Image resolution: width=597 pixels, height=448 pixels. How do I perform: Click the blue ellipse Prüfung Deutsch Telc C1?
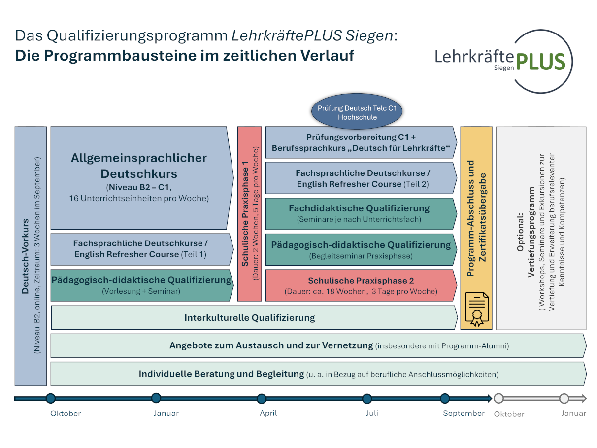[357, 112]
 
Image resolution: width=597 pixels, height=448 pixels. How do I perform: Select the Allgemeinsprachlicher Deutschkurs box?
[139, 177]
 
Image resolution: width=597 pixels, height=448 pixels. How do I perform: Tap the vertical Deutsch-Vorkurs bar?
[31, 256]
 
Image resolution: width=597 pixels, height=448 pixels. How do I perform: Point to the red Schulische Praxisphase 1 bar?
[250, 213]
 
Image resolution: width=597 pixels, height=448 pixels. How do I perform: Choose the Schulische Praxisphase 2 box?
[361, 285]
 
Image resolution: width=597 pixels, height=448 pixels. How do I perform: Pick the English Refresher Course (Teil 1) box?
[140, 249]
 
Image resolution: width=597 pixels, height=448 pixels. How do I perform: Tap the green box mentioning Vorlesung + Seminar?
[141, 285]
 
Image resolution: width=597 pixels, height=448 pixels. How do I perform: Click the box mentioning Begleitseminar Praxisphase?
[361, 250]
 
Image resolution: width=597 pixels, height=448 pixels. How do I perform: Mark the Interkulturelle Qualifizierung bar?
[250, 317]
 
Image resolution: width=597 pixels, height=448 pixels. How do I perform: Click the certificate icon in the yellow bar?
[476, 310]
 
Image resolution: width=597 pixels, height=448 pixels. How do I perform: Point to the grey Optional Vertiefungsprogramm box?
[541, 228]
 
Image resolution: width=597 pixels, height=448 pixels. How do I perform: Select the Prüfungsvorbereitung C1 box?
[361, 142]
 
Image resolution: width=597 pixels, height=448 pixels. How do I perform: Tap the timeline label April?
[268, 413]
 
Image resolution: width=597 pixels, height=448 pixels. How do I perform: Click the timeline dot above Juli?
[367, 399]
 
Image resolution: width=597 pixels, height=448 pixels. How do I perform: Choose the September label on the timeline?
[464, 413]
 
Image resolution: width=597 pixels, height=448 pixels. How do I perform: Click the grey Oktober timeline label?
[509, 414]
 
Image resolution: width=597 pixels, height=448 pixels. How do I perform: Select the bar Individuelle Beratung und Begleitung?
[318, 374]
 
